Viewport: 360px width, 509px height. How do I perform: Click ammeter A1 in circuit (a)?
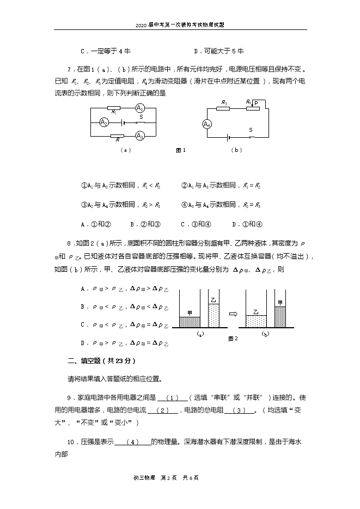[139, 107]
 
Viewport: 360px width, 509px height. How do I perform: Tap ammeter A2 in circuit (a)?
[104, 122]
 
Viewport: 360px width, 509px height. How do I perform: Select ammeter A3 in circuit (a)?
[139, 136]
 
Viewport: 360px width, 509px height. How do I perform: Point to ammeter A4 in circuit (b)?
[207, 124]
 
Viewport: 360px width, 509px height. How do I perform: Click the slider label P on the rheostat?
[256, 102]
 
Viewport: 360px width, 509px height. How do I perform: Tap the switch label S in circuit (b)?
[251, 130]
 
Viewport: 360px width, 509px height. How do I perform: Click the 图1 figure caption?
[181, 150]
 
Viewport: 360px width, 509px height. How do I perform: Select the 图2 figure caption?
[233, 338]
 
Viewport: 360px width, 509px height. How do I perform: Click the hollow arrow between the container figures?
[233, 314]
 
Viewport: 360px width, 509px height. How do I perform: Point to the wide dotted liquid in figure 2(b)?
[255, 321]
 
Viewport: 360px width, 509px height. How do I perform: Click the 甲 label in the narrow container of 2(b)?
[280, 302]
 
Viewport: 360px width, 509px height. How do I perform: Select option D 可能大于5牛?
[218, 51]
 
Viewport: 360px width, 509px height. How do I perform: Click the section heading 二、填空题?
[101, 361]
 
